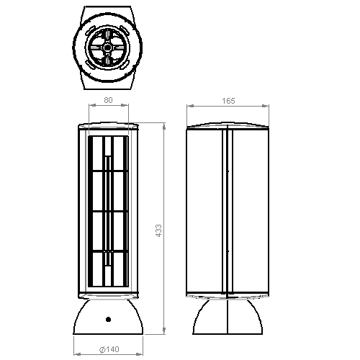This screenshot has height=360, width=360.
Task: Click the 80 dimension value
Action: [x=108, y=100]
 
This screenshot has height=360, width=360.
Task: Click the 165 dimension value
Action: [x=228, y=101]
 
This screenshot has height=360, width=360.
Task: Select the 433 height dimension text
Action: [x=158, y=231]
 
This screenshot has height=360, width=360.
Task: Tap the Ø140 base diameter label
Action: [x=109, y=349]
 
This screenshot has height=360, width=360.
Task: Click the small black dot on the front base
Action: [x=108, y=319]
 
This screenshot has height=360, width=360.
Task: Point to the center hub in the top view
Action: [x=107, y=48]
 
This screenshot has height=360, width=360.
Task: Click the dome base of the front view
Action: [x=108, y=316]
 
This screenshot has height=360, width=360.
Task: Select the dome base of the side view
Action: [x=228, y=316]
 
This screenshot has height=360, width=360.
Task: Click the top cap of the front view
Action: [x=108, y=126]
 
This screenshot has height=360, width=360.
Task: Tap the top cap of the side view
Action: [x=228, y=126]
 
